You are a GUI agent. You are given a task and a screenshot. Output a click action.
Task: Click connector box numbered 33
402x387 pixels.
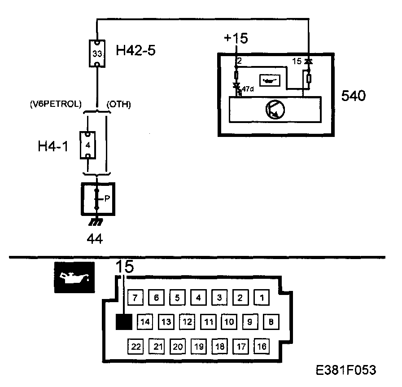click(97, 53)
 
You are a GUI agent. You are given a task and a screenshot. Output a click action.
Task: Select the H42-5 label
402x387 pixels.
click(135, 50)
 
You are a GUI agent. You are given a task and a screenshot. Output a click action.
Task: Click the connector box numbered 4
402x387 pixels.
click(88, 145)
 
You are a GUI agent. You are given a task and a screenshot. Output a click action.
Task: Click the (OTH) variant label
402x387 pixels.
click(118, 105)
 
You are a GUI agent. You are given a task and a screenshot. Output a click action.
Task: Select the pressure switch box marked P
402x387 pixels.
click(98, 199)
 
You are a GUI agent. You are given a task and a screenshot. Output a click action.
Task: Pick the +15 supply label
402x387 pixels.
click(236, 39)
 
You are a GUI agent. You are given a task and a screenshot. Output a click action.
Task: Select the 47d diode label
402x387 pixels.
click(248, 89)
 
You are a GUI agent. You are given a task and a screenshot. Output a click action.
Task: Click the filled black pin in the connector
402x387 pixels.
click(123, 321)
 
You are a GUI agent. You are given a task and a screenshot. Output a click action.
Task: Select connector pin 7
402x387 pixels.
click(135, 297)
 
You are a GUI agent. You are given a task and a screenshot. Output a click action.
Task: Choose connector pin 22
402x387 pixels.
click(135, 346)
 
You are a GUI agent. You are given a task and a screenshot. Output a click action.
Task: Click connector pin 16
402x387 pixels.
click(261, 346)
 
